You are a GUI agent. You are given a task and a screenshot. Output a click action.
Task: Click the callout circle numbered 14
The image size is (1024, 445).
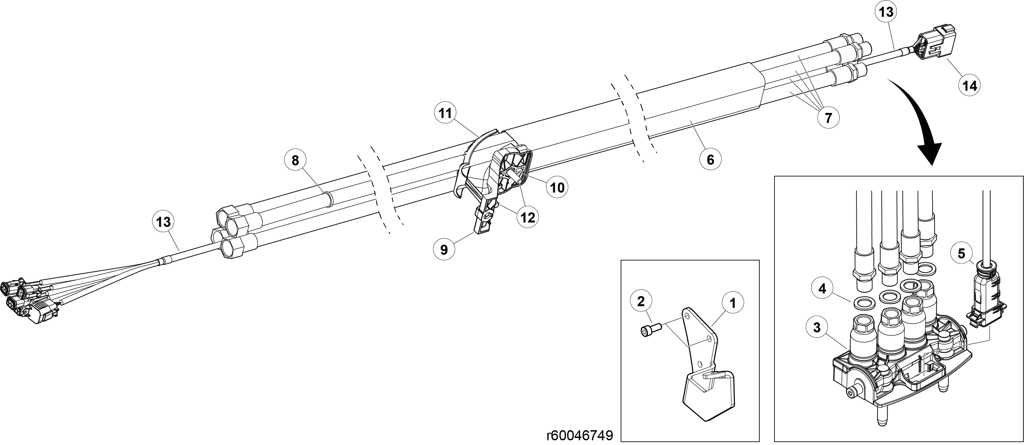tap(970, 85)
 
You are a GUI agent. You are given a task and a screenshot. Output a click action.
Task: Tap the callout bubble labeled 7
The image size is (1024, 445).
tap(828, 118)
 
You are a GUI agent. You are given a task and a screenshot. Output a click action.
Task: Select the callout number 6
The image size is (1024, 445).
tap(710, 159)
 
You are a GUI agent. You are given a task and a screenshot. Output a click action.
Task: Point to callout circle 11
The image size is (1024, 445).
tap(445, 114)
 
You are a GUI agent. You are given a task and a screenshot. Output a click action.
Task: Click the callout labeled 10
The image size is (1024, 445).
tap(557, 187)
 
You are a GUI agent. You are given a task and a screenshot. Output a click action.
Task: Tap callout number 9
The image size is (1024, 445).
tap(444, 249)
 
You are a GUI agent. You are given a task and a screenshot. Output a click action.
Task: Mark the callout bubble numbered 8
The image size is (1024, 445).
tap(295, 160)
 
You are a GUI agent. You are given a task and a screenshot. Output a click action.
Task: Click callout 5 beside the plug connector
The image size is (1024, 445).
tap(961, 253)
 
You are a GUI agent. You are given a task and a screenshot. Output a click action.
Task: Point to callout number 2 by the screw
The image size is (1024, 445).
tap(641, 301)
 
